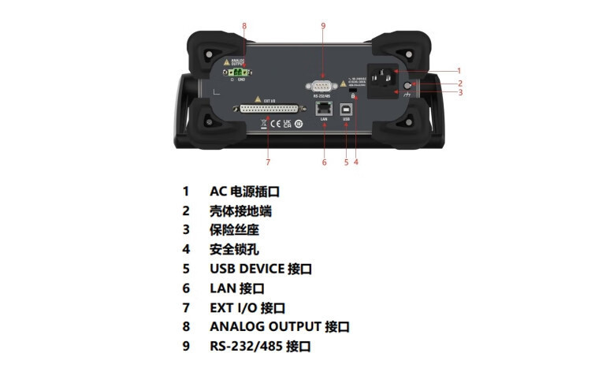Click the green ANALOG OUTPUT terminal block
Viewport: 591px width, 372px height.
238,72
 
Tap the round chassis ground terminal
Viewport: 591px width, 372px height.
408,85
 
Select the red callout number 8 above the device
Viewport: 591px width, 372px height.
244,26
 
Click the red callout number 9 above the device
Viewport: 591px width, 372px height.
323,26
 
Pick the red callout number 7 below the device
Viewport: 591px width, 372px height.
268,162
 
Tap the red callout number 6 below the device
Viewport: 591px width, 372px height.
324,162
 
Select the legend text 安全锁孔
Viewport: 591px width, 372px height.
234,249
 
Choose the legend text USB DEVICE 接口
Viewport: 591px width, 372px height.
260,269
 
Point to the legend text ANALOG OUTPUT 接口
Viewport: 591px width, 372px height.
279,326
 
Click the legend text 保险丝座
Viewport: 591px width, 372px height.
234,230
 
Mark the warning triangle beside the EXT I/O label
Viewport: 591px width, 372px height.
257,101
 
